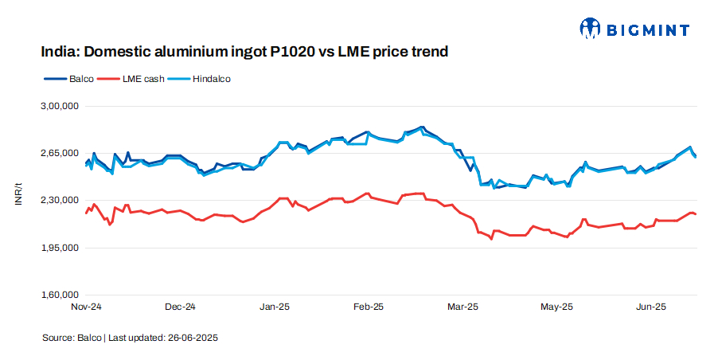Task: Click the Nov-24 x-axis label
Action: coord(87,307)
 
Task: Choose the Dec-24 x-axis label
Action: coord(181,307)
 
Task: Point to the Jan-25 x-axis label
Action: coord(275,307)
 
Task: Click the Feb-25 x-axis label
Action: coord(369,307)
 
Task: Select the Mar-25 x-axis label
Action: coord(462,307)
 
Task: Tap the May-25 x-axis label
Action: coord(556,307)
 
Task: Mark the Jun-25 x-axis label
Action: coord(651,307)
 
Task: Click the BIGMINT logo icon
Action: coord(589,29)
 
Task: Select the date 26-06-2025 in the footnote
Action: coord(193,338)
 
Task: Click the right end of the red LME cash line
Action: coord(697,214)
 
